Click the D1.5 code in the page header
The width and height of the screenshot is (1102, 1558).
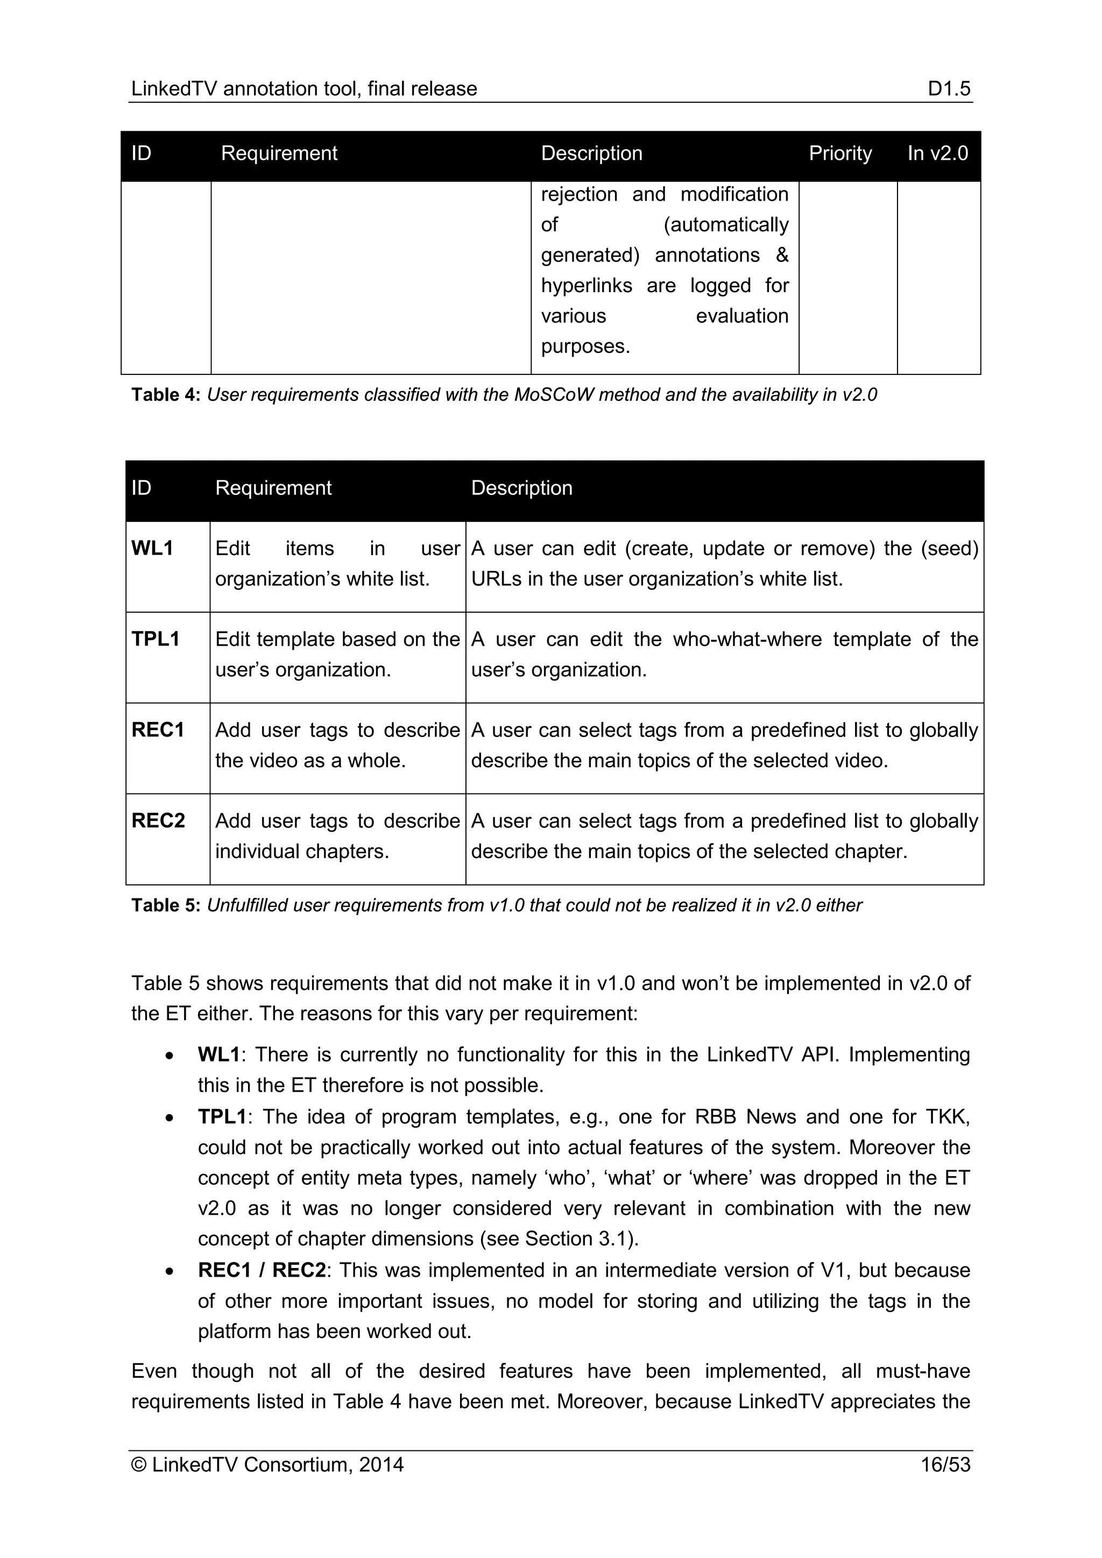(x=949, y=89)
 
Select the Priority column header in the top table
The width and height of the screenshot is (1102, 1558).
(x=839, y=153)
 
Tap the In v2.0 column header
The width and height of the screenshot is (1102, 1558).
(x=937, y=153)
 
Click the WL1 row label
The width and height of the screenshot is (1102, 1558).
(x=152, y=548)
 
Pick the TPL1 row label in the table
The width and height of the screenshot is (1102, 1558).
(x=156, y=639)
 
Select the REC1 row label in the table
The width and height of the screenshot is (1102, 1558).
(x=158, y=730)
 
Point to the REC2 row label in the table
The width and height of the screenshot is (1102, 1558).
(x=158, y=821)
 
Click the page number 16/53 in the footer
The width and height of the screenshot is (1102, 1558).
(x=944, y=1465)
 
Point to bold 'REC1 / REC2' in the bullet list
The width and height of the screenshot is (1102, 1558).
(x=262, y=1270)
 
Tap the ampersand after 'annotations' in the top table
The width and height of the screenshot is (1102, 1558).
(x=782, y=255)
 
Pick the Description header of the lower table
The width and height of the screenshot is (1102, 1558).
(x=521, y=488)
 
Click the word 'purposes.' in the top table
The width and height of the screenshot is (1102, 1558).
(x=585, y=347)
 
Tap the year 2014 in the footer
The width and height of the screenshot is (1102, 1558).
(x=382, y=1465)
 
